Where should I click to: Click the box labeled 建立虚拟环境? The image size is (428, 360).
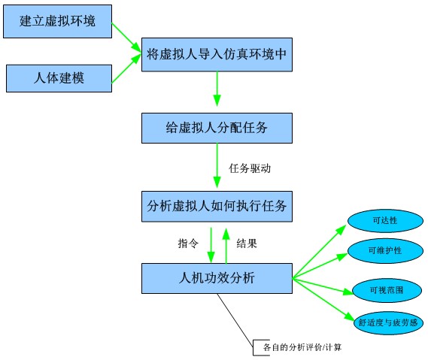57,21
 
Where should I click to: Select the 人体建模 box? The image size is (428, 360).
59,78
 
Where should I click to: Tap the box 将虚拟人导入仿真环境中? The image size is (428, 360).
217,55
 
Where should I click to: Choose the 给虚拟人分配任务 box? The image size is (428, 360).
217,128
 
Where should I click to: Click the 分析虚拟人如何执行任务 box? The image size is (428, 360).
217,206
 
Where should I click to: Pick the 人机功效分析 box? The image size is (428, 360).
217,278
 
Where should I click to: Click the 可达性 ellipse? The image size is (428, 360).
385,221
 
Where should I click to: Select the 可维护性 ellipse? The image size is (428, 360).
385,250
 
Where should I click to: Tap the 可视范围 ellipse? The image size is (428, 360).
387,290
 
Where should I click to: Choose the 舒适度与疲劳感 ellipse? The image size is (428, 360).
388,323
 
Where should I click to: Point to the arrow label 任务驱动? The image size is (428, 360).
250,168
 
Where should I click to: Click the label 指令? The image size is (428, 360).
188,243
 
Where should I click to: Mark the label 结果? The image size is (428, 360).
247,243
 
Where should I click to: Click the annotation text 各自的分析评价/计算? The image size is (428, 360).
302,347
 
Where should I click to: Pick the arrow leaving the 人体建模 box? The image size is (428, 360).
126,68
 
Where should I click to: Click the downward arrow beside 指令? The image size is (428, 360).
211,245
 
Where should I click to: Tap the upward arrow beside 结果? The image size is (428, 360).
226,245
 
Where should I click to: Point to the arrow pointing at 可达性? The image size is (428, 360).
320,252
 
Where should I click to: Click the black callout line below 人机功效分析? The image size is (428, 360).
235,320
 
